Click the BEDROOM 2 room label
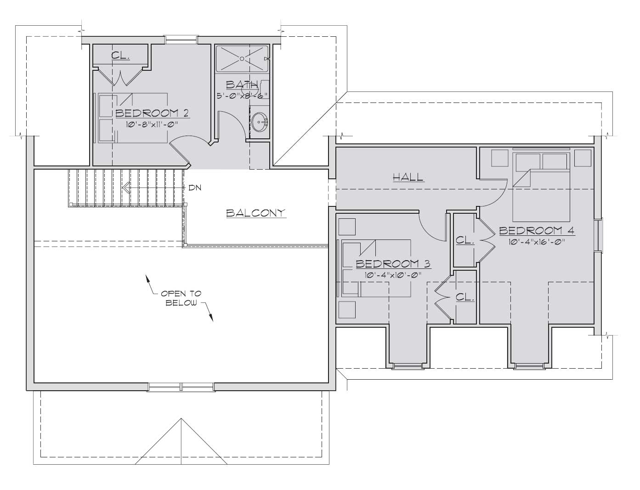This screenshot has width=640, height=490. [153, 113]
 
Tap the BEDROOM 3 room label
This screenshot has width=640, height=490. [393, 264]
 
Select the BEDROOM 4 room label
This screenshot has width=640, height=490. [537, 231]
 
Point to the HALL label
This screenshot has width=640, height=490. [408, 177]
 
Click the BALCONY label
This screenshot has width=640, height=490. [256, 213]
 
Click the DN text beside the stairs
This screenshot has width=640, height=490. [195, 188]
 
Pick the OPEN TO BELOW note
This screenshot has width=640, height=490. [181, 298]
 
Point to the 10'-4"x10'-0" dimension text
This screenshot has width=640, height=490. [393, 275]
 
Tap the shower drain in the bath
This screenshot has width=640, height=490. [242, 59]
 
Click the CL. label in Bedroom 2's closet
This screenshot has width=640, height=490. [120, 56]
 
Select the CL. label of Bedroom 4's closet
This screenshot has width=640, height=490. [465, 240]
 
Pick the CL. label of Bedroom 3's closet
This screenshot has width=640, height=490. [465, 297]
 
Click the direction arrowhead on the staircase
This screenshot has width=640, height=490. [126, 187]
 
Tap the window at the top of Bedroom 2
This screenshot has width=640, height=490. [181, 39]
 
